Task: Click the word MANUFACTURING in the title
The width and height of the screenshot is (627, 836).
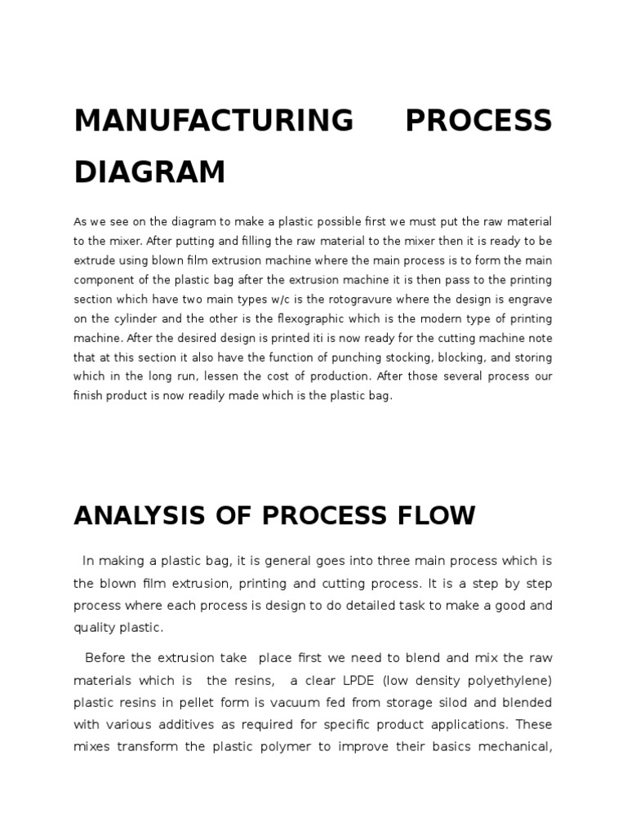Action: click(x=214, y=121)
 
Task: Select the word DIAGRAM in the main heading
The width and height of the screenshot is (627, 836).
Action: click(x=149, y=171)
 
